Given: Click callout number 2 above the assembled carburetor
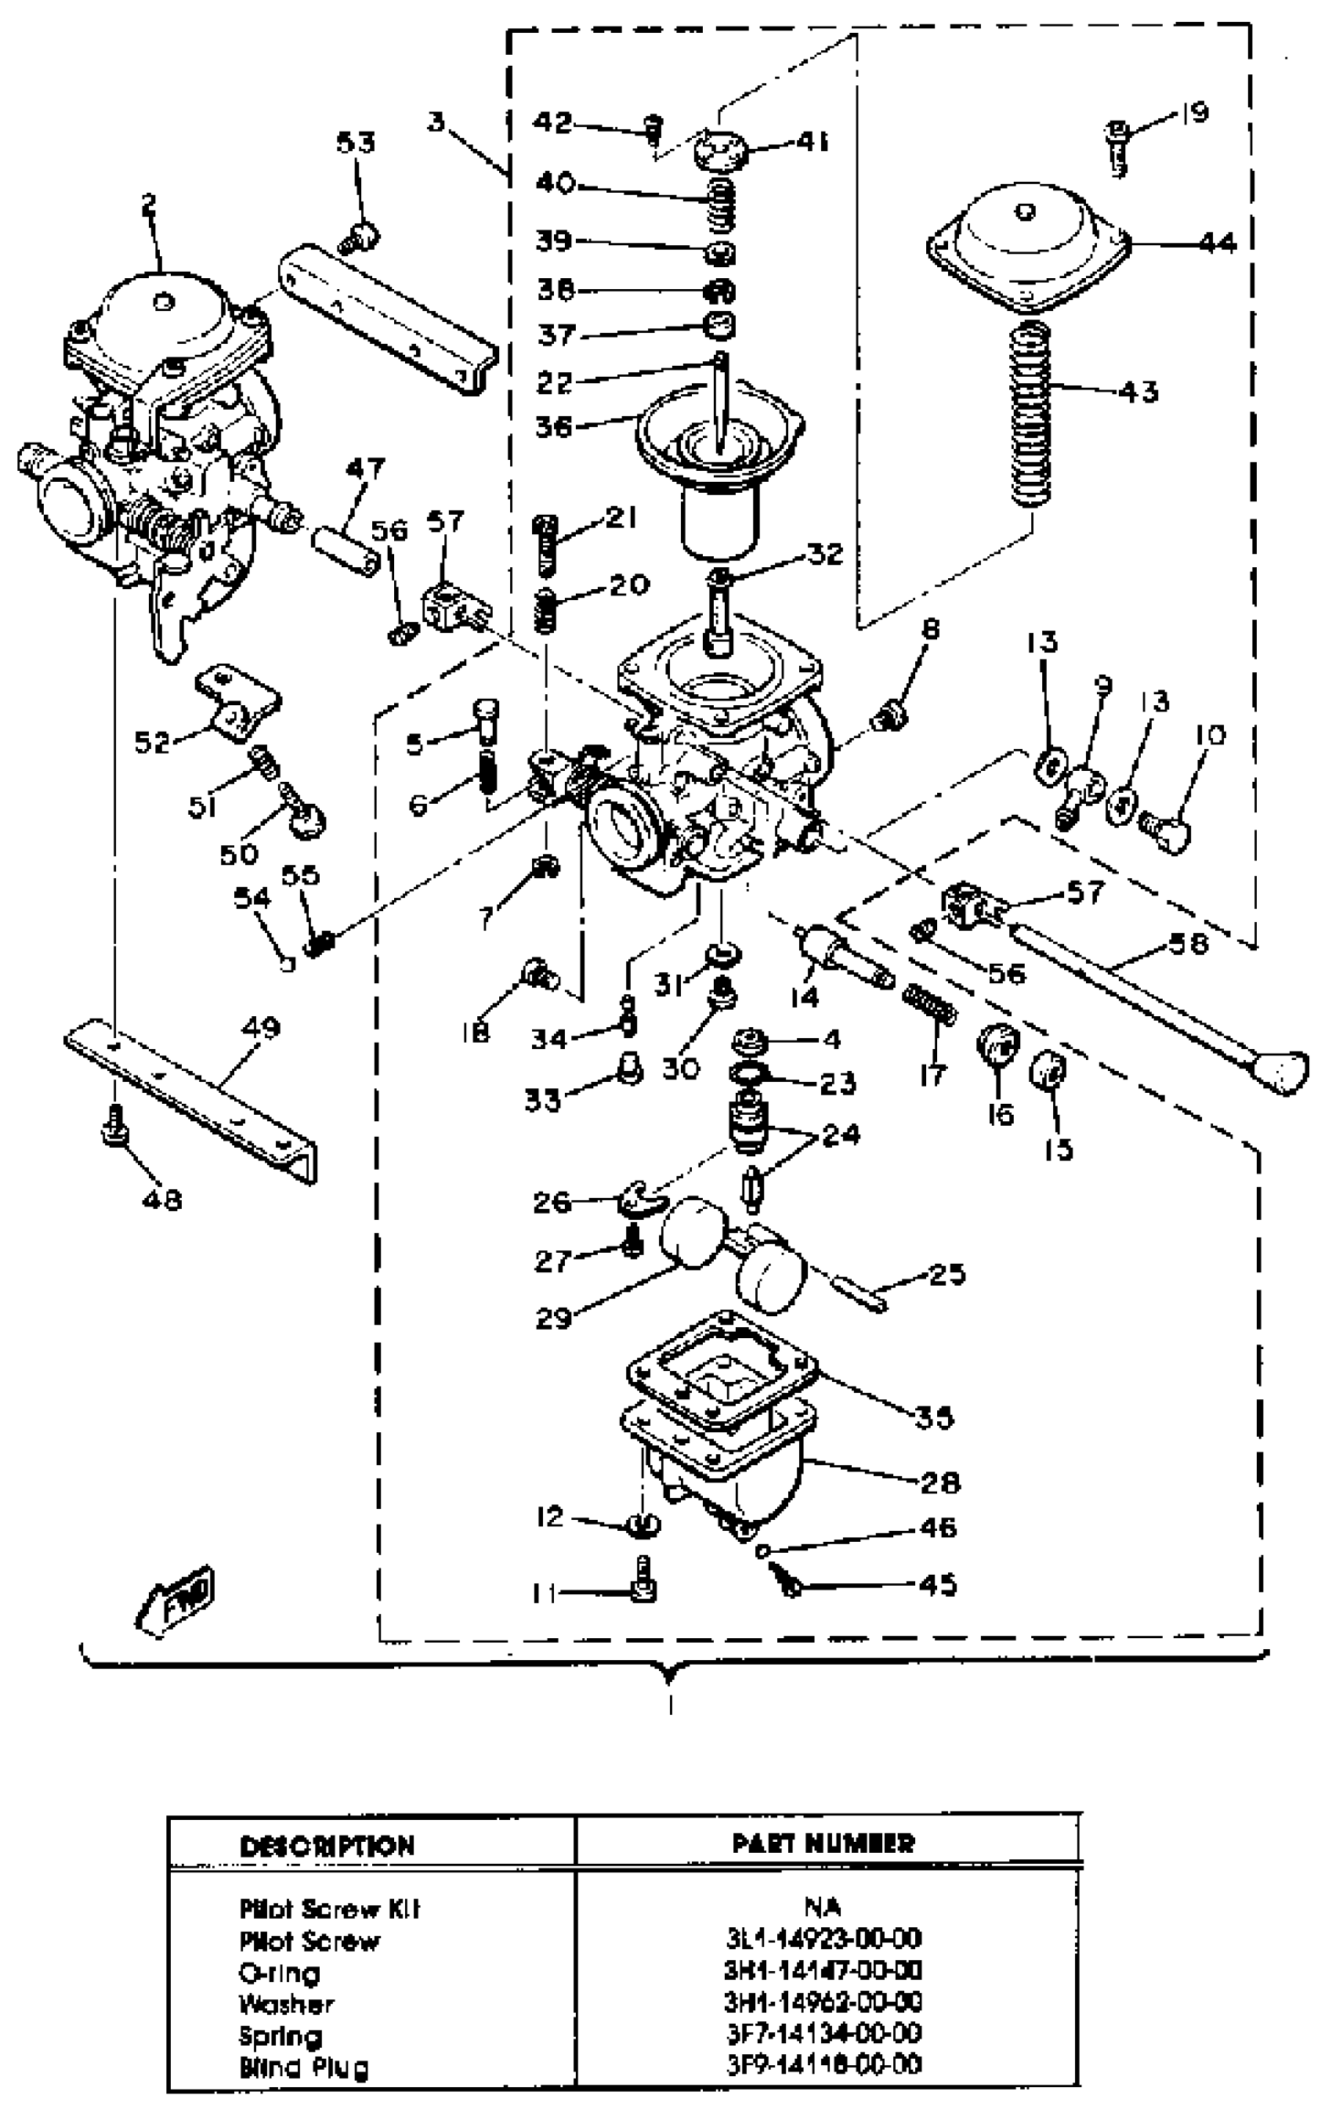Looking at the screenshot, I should [149, 206].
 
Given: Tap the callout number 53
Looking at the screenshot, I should [356, 143].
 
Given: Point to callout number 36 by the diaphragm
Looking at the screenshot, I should [554, 426].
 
